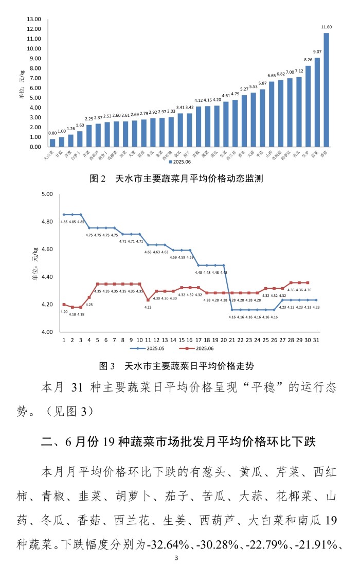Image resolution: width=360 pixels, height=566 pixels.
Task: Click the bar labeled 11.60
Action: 326,90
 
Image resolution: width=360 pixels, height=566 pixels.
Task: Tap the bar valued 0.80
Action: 52,143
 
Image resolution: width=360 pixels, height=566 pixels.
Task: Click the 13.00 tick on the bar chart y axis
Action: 34,19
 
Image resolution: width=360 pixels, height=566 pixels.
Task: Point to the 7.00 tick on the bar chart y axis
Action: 34,78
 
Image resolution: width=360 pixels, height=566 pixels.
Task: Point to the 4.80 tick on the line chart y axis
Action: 47,222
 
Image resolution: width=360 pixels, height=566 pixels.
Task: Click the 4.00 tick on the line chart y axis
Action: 47,332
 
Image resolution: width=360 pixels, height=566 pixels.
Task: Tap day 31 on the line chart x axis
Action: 316,340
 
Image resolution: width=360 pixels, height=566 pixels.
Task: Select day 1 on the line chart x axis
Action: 64,340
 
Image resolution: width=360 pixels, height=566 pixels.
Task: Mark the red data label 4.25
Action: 89,305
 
